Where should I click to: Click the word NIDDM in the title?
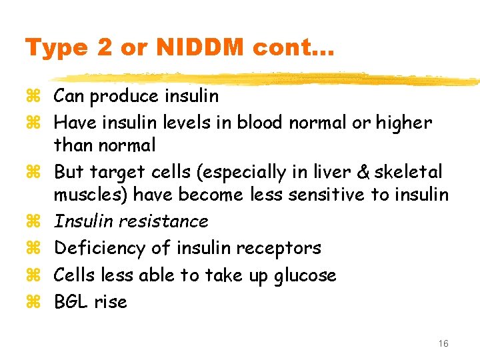pos(188,48)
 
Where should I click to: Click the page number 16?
pos(443,343)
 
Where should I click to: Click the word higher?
pos(404,123)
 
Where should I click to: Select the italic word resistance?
pos(170,221)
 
